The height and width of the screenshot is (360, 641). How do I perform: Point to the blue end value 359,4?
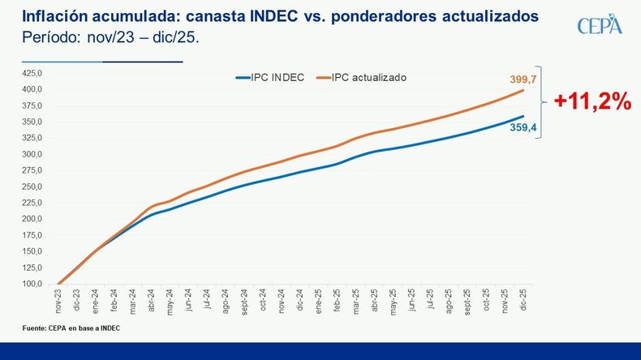[523, 127]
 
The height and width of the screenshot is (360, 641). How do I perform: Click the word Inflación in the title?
[51, 15]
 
